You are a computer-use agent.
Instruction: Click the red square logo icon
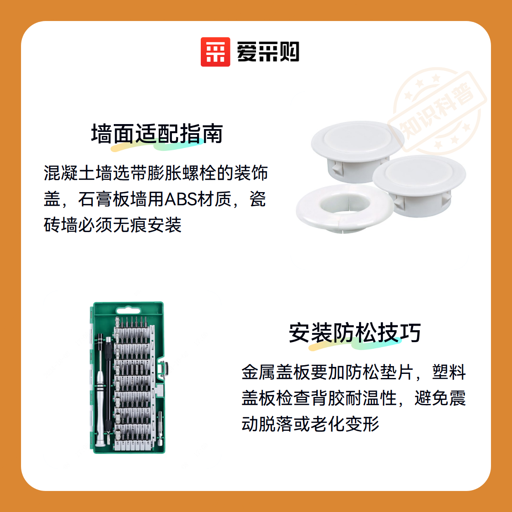tap(215, 52)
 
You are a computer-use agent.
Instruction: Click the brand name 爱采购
tap(268, 52)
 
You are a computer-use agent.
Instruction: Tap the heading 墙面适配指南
tap(157, 134)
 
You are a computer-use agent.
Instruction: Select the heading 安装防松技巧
tap(355, 333)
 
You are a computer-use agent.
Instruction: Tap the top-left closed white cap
tap(357, 151)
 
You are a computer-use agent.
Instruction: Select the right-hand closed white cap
tap(419, 186)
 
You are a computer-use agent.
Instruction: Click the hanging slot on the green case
tap(128, 311)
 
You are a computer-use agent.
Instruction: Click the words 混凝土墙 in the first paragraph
tap(78, 173)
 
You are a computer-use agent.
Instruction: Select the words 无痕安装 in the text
tap(147, 225)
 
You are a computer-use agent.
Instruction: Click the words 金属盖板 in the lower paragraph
tap(276, 372)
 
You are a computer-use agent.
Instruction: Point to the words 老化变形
tap(345, 424)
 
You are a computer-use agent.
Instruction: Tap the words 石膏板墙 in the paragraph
tap(113, 199)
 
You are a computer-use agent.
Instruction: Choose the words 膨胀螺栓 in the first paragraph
tap(181, 173)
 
